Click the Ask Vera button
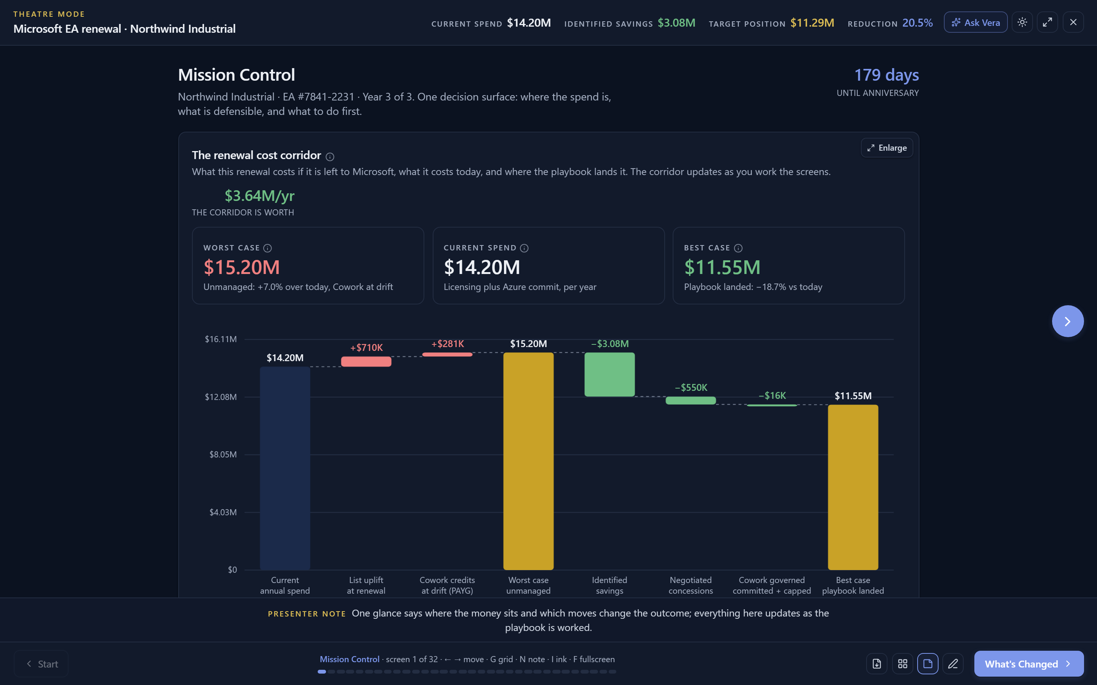pyautogui.click(x=975, y=22)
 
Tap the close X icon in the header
pyautogui.click(x=1073, y=22)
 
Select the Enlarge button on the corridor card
pyautogui.click(x=887, y=148)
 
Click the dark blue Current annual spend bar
pyautogui.click(x=285, y=468)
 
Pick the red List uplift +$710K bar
pyautogui.click(x=366, y=362)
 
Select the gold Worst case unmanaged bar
pyautogui.click(x=529, y=461)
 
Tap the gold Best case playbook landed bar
pyautogui.click(x=853, y=487)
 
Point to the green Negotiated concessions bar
pyautogui.click(x=691, y=400)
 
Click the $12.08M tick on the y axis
pyautogui.click(x=221, y=397)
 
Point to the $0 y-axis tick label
pyautogui.click(x=232, y=569)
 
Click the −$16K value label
pyautogui.click(x=772, y=395)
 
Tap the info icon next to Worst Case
pyautogui.click(x=267, y=248)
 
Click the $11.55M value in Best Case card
pyautogui.click(x=722, y=267)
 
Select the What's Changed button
pyautogui.click(x=1028, y=664)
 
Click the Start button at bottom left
pyautogui.click(x=41, y=664)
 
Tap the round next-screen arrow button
pyautogui.click(x=1068, y=321)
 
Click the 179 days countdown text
pyautogui.click(x=886, y=75)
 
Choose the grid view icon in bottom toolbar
pyautogui.click(x=902, y=664)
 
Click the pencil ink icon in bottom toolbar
pyautogui.click(x=953, y=664)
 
